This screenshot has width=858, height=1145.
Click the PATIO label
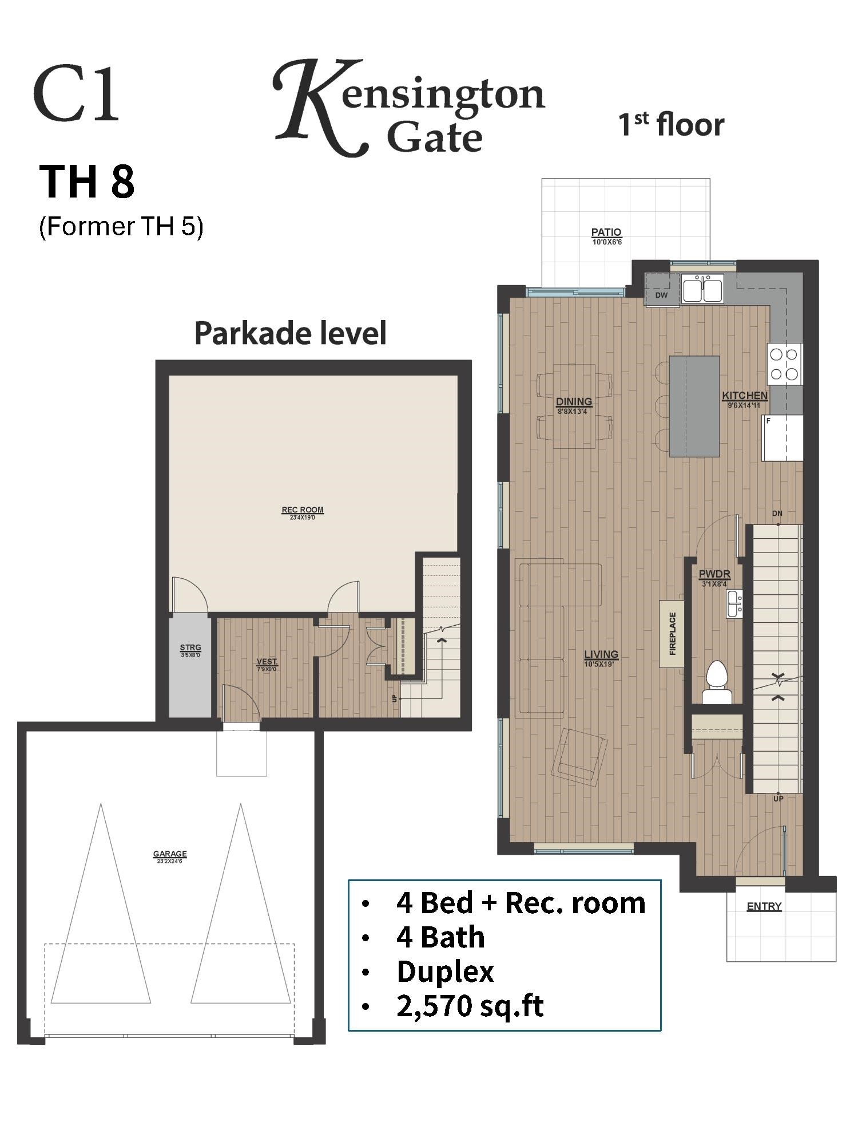(x=606, y=232)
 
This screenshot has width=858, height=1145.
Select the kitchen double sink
(x=702, y=288)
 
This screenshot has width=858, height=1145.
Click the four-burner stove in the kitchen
(x=784, y=364)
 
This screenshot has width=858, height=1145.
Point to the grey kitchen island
(x=694, y=406)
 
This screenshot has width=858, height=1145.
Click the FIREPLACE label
(x=673, y=634)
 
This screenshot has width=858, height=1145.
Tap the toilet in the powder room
(x=717, y=681)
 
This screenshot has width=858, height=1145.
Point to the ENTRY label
(x=764, y=906)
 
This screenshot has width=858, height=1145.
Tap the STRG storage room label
(x=190, y=648)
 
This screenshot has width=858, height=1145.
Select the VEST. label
(x=267, y=662)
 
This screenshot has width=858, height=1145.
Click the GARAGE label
(x=170, y=854)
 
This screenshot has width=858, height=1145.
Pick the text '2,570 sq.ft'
(x=470, y=1006)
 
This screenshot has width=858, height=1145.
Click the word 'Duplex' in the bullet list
(x=445, y=972)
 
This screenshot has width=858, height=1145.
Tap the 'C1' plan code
(x=77, y=95)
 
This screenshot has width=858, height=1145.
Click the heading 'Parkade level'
(x=291, y=333)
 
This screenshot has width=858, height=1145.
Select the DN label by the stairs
(x=777, y=514)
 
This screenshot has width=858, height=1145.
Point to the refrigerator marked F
(x=782, y=438)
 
